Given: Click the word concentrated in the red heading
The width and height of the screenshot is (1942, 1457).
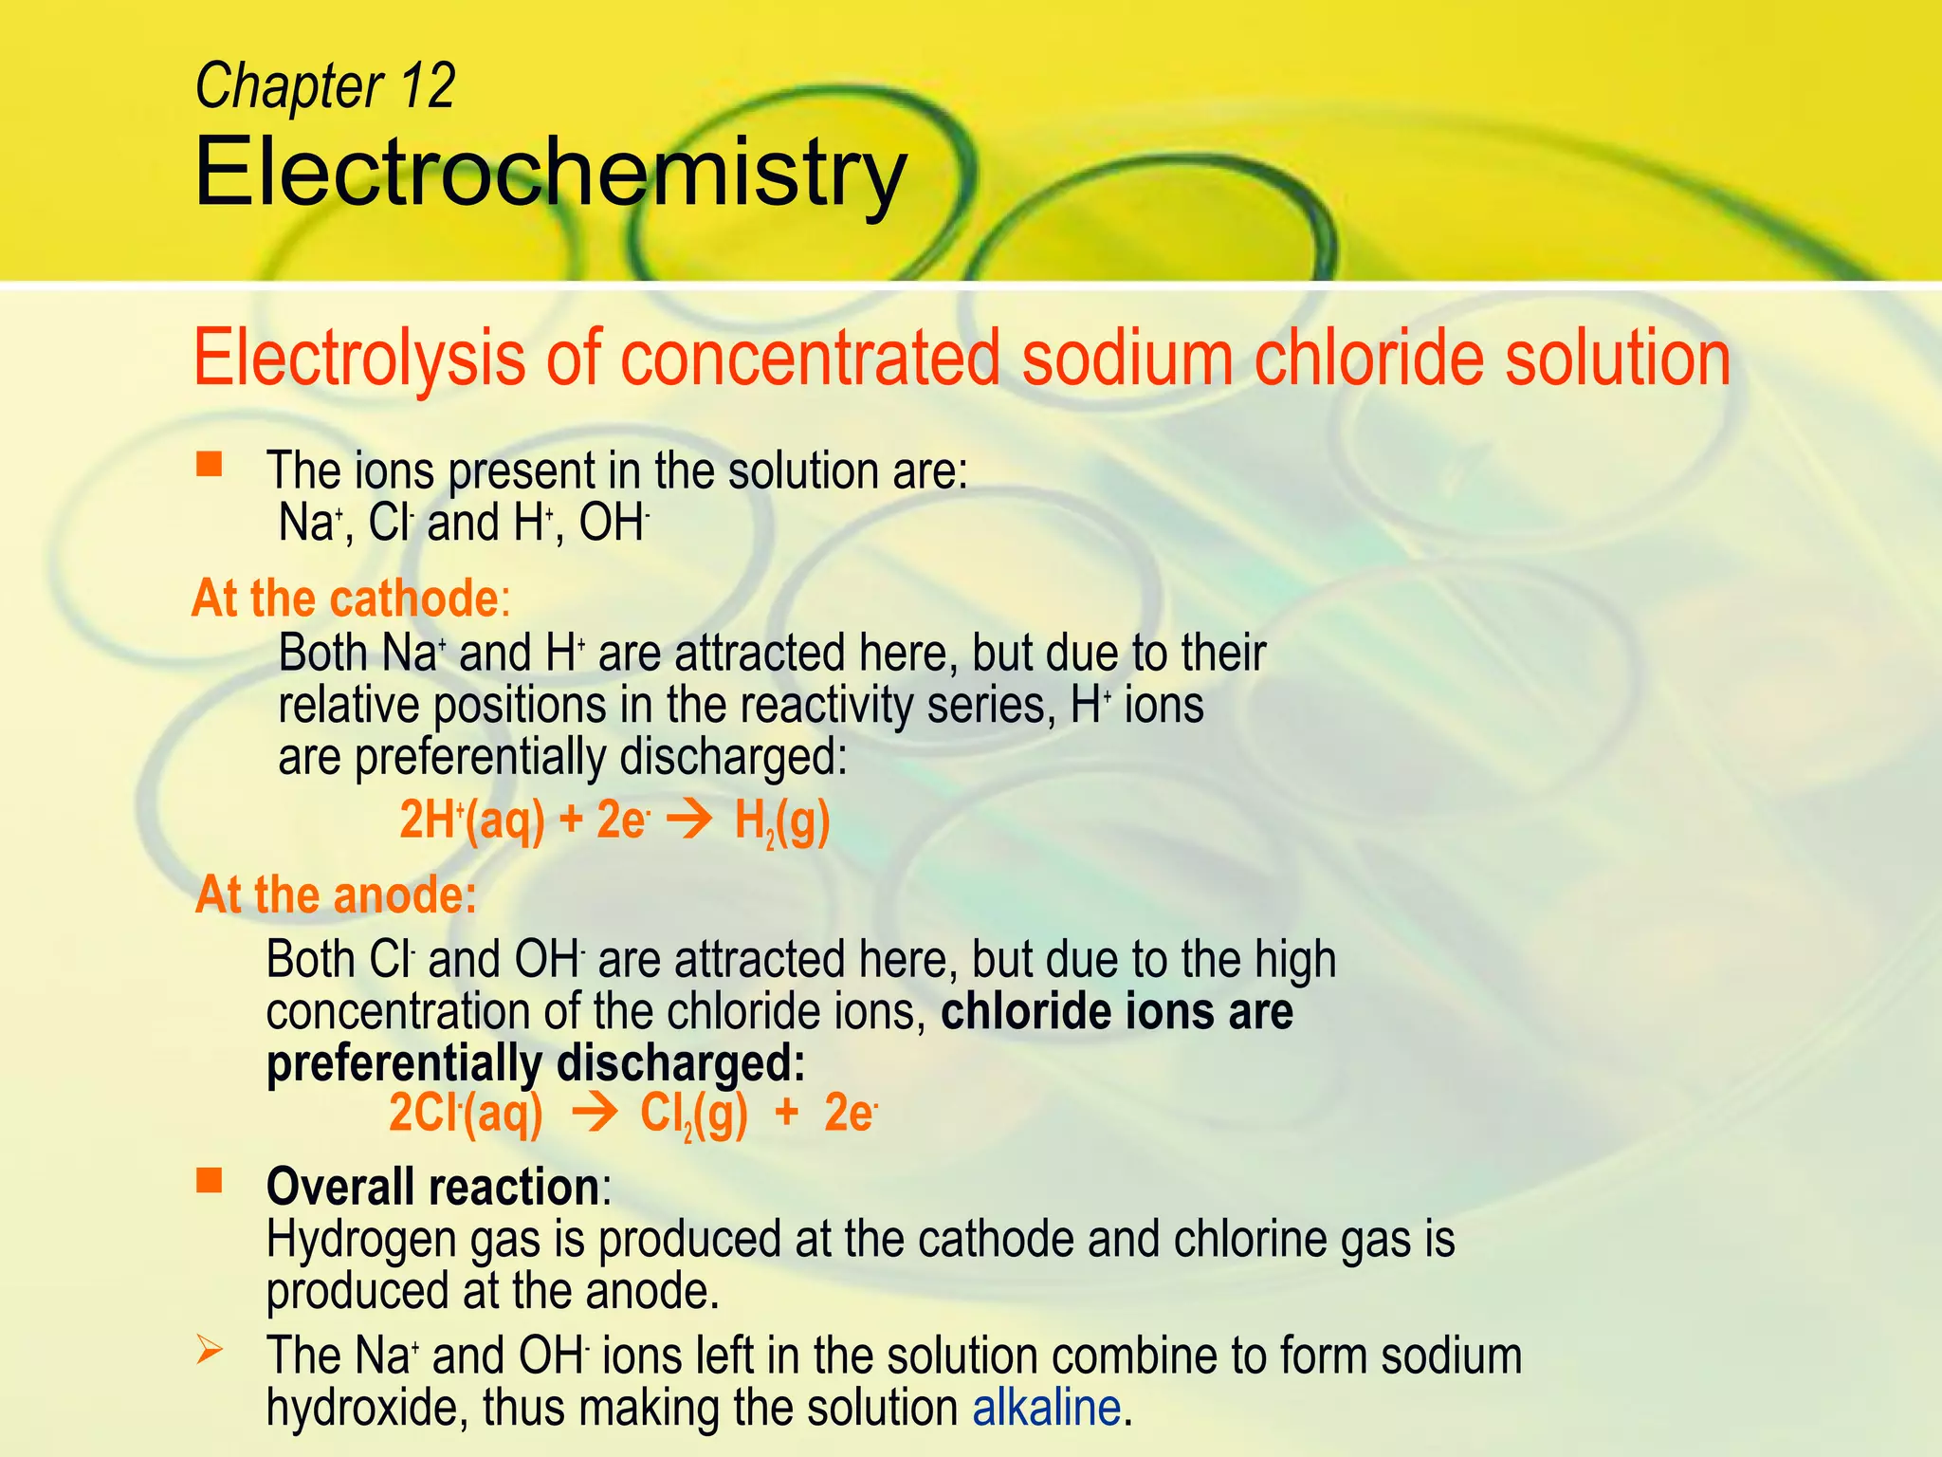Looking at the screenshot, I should [x=811, y=359].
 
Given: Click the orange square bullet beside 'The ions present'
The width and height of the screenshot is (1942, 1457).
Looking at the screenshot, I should [x=209, y=464].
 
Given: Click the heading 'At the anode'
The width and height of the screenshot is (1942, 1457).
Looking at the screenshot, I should [x=336, y=894].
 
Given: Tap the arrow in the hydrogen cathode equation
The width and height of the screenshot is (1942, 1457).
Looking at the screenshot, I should [x=690, y=821].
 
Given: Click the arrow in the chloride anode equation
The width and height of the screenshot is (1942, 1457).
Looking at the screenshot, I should [x=595, y=1114].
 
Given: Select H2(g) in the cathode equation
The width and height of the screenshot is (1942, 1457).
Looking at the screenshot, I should [x=782, y=821].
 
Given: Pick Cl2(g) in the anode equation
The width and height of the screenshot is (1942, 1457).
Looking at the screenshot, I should [x=693, y=1115].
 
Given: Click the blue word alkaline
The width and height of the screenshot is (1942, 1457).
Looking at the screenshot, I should [x=1047, y=1407].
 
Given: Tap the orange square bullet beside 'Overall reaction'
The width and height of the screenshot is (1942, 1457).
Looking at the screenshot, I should [x=209, y=1181].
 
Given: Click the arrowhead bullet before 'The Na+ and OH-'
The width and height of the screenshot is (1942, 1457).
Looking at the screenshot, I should [x=209, y=1350].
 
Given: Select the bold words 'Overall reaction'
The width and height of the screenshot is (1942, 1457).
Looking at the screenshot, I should [x=432, y=1186].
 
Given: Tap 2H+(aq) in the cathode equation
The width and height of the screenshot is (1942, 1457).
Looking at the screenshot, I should [x=471, y=821].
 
